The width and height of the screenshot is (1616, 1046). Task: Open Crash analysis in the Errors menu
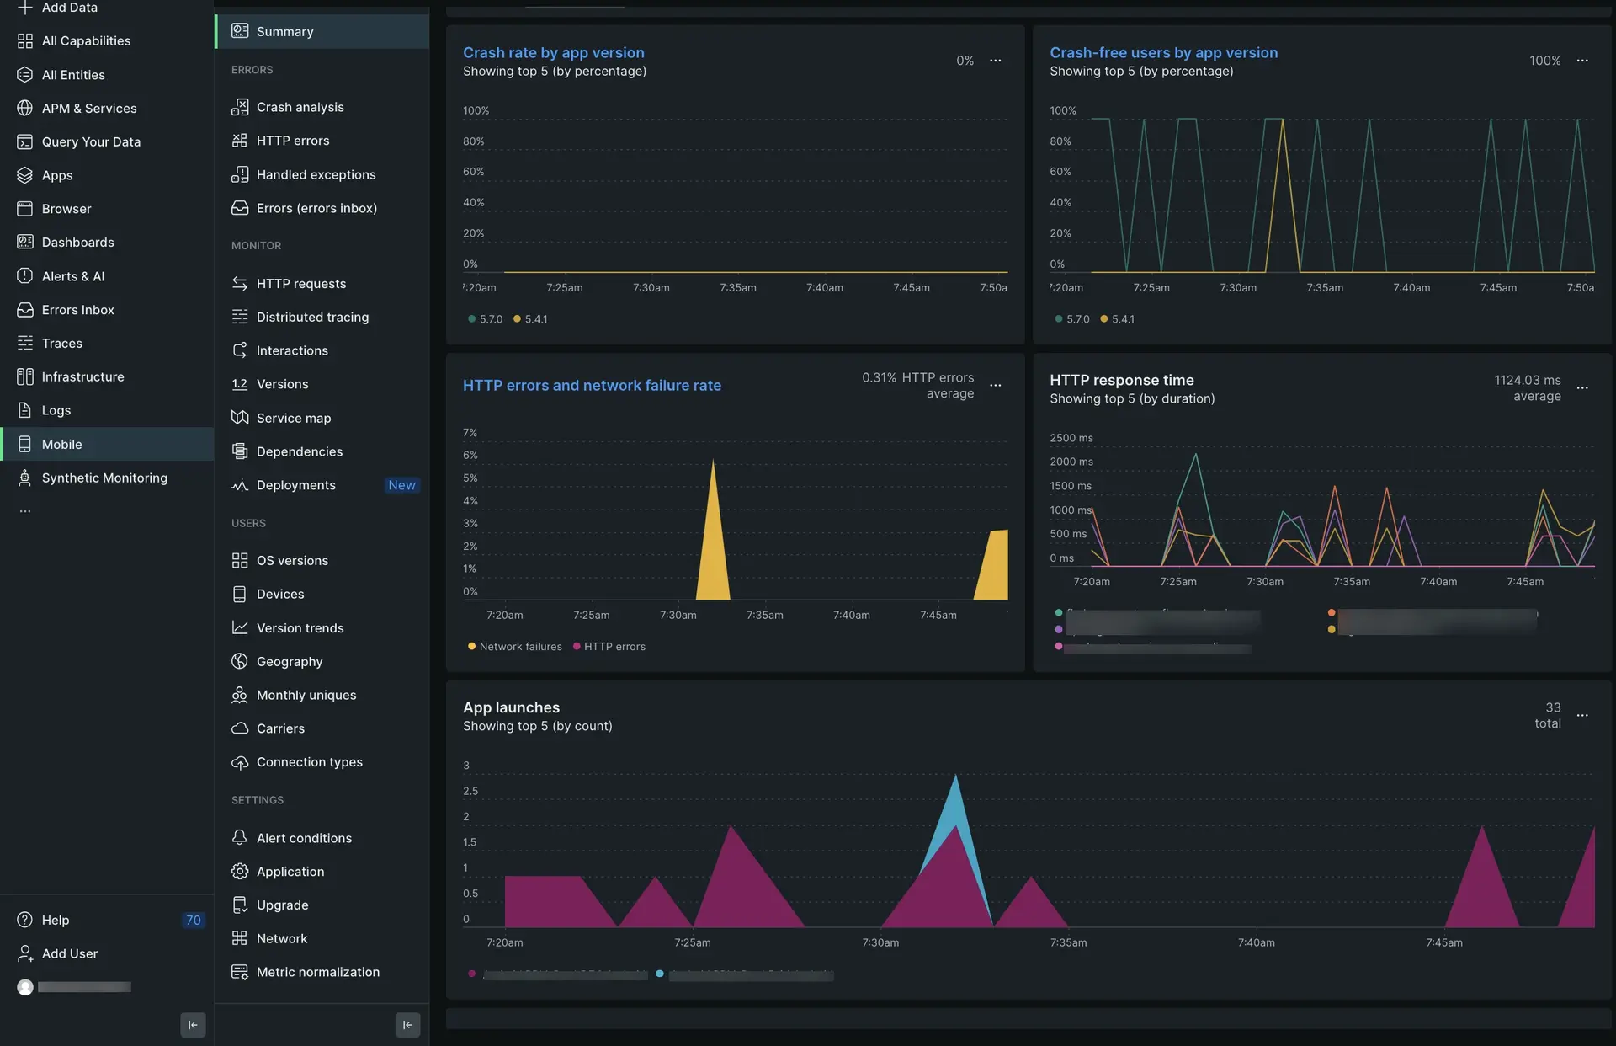pyautogui.click(x=300, y=107)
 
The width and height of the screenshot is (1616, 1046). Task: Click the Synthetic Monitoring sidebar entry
pyautogui.click(x=104, y=478)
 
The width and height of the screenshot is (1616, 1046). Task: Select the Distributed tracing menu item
pyautogui.click(x=312, y=317)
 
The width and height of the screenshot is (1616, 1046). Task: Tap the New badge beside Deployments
pyautogui.click(x=401, y=485)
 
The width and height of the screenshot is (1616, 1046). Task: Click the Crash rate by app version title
pyautogui.click(x=553, y=52)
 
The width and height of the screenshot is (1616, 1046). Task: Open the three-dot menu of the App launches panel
pyautogui.click(x=1582, y=715)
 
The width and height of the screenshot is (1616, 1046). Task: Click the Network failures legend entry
pyautogui.click(x=519, y=647)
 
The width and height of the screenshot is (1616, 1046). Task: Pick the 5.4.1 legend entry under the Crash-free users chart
pyautogui.click(x=1122, y=319)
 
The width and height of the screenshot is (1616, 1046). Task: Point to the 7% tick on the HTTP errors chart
pyautogui.click(x=470, y=433)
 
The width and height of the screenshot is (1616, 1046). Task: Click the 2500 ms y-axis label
pyautogui.click(x=1071, y=438)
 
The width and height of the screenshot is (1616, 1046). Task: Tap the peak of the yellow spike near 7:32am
pyautogui.click(x=713, y=462)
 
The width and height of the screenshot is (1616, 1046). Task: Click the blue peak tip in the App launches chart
pyautogui.click(x=955, y=776)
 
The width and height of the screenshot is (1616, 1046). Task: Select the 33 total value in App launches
pyautogui.click(x=1548, y=715)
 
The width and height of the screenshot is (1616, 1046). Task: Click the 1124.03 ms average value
pyautogui.click(x=1527, y=381)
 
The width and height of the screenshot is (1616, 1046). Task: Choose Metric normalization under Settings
pyautogui.click(x=317, y=972)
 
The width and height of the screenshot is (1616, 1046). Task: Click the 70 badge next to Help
pyautogui.click(x=193, y=920)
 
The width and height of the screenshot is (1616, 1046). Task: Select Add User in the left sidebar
pyautogui.click(x=69, y=953)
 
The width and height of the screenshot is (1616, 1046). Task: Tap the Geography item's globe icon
pyautogui.click(x=240, y=661)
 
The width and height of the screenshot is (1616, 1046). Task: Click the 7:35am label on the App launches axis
pyautogui.click(x=1067, y=942)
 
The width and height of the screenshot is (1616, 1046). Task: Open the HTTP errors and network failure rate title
pyautogui.click(x=592, y=385)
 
